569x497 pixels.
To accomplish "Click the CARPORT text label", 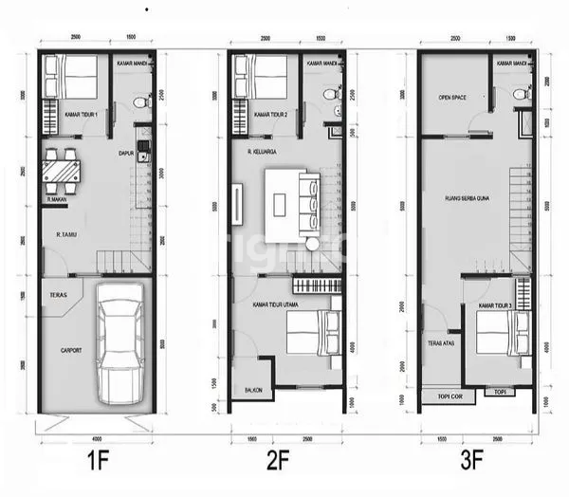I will [71, 351].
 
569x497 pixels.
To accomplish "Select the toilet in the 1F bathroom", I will [139, 101].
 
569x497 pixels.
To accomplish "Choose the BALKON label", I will [253, 390].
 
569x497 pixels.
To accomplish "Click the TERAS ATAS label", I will [440, 343].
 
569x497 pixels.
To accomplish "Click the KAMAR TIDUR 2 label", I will [272, 114].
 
